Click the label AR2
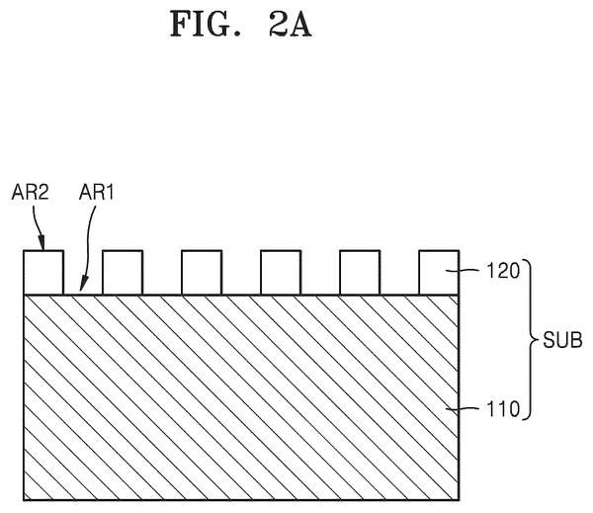[31, 192]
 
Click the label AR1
[97, 192]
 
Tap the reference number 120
[503, 271]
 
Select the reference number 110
[503, 409]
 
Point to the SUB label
[562, 340]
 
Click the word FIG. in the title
[206, 24]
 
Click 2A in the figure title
[291, 24]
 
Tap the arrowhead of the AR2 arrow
[42, 243]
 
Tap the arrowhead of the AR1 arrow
[83, 285]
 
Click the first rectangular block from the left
[43, 273]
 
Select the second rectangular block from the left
[123, 273]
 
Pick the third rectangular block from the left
[202, 273]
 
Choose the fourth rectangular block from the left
[281, 273]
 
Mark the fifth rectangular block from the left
[360, 273]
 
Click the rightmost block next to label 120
[439, 273]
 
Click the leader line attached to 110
[465, 408]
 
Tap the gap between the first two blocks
[83, 273]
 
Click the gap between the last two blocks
[399, 273]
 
